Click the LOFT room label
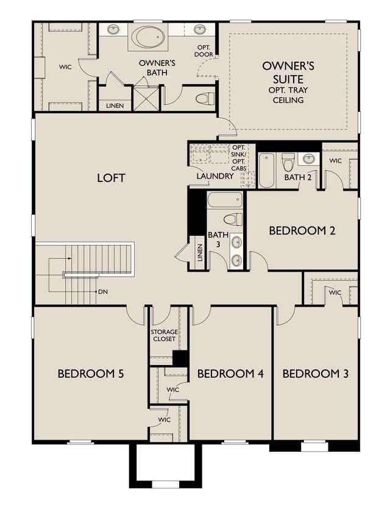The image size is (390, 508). [x=111, y=178]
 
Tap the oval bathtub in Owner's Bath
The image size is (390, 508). [x=148, y=37]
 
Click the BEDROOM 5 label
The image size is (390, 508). [x=91, y=374]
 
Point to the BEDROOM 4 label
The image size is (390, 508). [x=230, y=374]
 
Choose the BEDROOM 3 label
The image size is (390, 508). [x=316, y=374]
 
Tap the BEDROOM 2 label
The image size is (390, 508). [x=302, y=231]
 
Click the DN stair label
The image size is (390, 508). [x=103, y=292]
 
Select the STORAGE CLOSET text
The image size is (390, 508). [x=165, y=335]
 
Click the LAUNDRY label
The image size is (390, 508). [x=215, y=176]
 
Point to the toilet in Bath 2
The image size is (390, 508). [x=287, y=162]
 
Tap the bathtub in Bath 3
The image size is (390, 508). [x=225, y=200]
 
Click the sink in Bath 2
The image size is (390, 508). [x=309, y=159]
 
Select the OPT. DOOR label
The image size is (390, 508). [x=204, y=51]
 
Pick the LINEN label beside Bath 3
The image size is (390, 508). [x=199, y=253]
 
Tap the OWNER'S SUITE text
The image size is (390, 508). [x=288, y=73]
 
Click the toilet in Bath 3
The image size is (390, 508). [x=233, y=219]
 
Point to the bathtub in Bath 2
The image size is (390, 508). [x=266, y=170]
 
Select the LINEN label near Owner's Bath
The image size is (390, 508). [x=115, y=106]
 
